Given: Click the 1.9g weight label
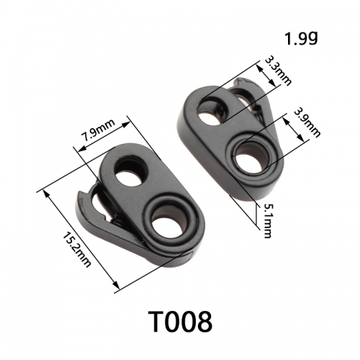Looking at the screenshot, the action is [x=301, y=38].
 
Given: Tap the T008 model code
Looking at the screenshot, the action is [x=180, y=321].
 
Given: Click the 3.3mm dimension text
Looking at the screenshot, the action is [x=278, y=71].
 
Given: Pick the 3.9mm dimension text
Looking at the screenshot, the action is [x=307, y=122].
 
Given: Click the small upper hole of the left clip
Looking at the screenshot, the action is [x=132, y=171].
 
